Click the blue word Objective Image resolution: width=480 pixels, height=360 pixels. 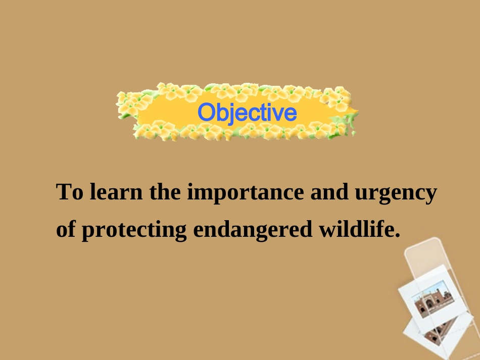(248, 113)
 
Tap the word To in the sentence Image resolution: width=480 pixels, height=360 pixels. (70, 191)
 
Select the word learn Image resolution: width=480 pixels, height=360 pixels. (116, 191)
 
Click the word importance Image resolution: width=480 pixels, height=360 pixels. (246, 193)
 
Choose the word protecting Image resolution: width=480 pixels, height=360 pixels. (134, 230)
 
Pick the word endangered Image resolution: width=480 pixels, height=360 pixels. (253, 229)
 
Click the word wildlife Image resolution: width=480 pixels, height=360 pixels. (357, 229)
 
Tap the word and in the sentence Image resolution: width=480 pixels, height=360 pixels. (329, 191)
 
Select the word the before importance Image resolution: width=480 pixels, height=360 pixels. (165, 191)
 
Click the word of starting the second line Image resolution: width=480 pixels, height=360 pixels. (66, 229)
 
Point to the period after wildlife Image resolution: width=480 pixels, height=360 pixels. (398, 235)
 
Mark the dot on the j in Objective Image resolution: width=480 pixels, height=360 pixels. (232, 105)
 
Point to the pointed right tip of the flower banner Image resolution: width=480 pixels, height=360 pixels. (358, 112)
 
